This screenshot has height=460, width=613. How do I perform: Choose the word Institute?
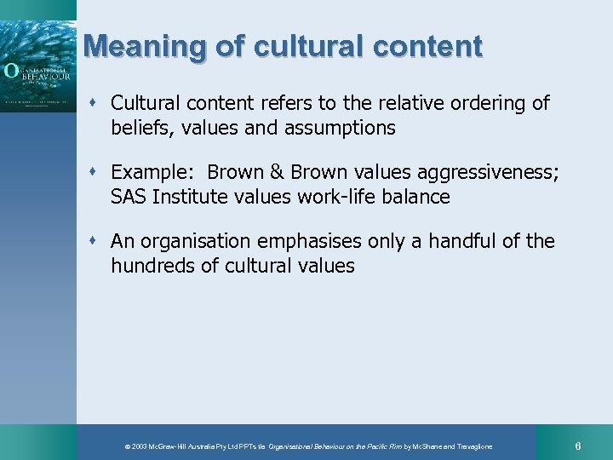pyautogui.click(x=189, y=197)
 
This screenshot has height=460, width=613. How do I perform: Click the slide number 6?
pyautogui.click(x=578, y=446)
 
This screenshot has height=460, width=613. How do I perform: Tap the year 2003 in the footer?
pyautogui.click(x=139, y=446)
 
